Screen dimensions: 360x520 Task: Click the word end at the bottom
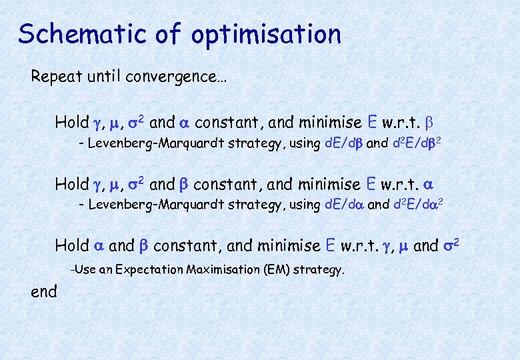[44, 291]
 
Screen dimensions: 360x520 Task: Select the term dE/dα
[345, 205]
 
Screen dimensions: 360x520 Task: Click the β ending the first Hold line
[429, 123]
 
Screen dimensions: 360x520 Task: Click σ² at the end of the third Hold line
[452, 245]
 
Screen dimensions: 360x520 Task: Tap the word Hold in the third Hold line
[71, 245]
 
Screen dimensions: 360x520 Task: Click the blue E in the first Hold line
[373, 122]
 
